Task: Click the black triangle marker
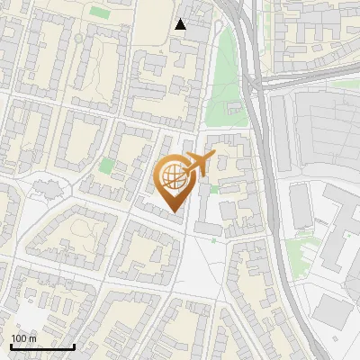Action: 181,24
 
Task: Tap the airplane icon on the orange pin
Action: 196,164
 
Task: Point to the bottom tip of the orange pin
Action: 175,212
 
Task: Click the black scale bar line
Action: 41,346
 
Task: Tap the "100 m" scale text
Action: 24,338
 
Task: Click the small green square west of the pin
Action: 108,166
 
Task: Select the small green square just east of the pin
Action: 214,189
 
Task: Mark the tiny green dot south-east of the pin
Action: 213,239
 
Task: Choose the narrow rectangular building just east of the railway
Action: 299,207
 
